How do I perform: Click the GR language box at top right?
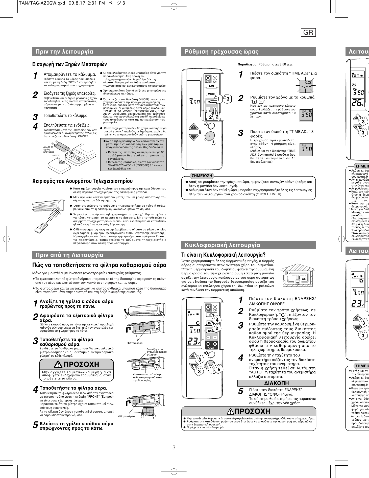(x=308, y=33)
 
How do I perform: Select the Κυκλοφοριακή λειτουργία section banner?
(x=222, y=245)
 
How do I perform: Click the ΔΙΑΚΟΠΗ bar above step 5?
(x=277, y=383)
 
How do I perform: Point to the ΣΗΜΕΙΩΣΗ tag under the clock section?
(x=202, y=176)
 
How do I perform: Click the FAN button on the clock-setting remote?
(x=211, y=86)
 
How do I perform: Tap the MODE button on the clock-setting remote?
(x=211, y=94)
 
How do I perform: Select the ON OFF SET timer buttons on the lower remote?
(x=212, y=345)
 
